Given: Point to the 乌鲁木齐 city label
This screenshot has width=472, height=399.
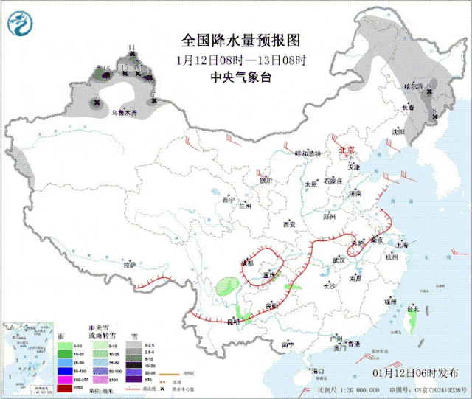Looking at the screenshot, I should point(124,113).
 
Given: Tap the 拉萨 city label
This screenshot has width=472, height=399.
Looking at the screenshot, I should point(130,263).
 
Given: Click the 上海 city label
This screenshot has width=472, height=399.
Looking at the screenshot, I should point(401,245).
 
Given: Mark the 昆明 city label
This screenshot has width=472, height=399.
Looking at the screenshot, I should point(234,321).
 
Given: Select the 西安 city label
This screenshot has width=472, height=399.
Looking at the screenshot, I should point(288,223).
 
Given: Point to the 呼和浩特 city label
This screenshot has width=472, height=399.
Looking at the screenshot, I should point(308,153).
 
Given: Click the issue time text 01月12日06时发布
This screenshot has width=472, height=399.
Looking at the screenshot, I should point(420,373).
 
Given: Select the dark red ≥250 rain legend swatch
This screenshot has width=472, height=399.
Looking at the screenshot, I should point(64,388).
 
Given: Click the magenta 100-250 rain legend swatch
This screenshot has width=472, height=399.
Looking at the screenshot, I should point(64,378).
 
